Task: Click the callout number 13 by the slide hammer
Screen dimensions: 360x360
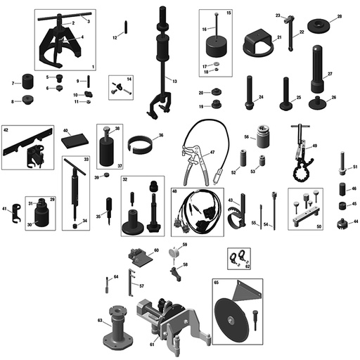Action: (174, 81)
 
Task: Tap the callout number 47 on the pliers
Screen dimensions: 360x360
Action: (212, 153)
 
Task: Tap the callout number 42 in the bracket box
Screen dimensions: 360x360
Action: (6, 130)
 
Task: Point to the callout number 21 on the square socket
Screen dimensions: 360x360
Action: (278, 37)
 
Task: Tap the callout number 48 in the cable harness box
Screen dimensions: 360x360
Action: (174, 191)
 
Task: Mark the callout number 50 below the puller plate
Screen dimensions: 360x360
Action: (319, 226)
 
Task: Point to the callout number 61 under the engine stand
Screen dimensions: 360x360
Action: (153, 345)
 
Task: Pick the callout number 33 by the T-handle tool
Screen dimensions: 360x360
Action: (86, 160)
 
